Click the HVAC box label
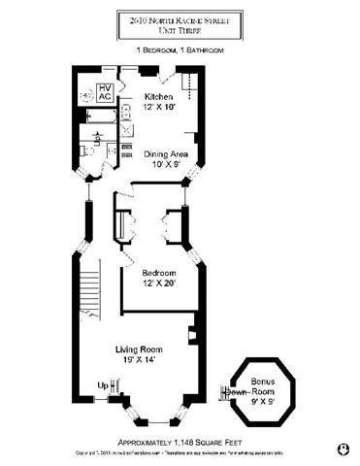click(105, 93)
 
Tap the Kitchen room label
click(159, 97)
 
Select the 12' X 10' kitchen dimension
click(159, 107)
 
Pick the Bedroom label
click(157, 273)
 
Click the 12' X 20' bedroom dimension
click(157, 283)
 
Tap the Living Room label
click(139, 349)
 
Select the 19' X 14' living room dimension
click(139, 359)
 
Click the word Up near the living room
click(103, 385)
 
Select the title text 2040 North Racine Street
click(180, 17)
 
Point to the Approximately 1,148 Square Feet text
click(180, 439)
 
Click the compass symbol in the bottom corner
click(342, 449)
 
